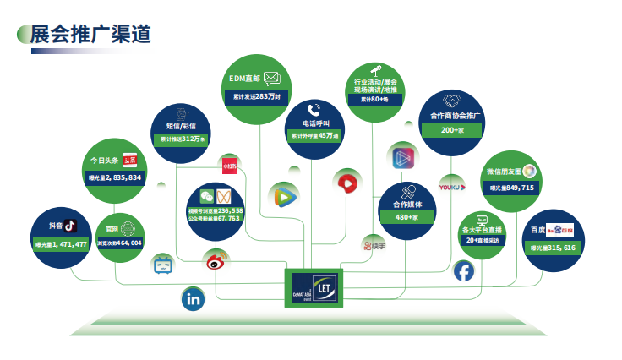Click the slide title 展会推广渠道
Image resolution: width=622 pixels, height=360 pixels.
click(90, 34)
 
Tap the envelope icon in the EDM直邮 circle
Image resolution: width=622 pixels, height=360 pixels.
click(271, 78)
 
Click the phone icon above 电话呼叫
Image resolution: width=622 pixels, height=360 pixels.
click(314, 109)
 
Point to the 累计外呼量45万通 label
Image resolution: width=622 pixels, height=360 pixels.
click(314, 135)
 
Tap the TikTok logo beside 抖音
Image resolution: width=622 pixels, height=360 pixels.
click(70, 225)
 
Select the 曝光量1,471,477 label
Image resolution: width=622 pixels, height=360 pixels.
click(62, 244)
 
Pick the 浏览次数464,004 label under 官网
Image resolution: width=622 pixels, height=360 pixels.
click(119, 243)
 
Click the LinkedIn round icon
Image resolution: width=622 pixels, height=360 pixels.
click(194, 297)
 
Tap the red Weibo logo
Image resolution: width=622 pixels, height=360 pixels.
click(217, 261)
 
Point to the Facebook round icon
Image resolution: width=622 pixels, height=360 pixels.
click(464, 270)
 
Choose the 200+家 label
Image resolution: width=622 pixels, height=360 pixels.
click(453, 131)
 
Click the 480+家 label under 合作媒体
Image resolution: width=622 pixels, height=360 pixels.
click(407, 218)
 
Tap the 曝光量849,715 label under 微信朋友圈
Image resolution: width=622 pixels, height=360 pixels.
click(511, 188)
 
